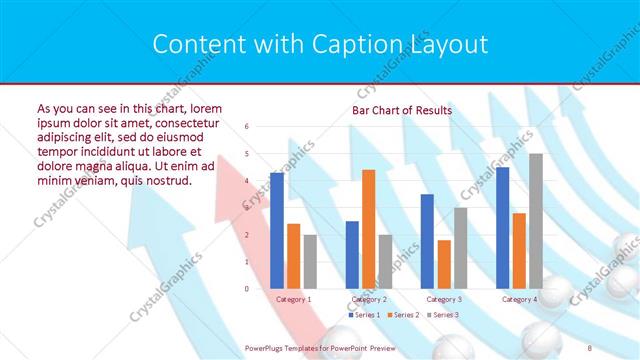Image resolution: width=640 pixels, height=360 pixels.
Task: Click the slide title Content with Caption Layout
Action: tap(320, 44)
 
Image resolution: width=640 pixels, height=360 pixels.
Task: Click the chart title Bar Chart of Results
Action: tap(401, 110)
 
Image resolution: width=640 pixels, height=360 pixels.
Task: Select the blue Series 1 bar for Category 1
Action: tap(277, 230)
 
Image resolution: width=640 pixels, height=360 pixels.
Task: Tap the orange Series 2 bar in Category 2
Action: tap(369, 229)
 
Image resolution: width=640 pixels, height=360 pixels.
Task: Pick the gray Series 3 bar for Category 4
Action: tap(536, 221)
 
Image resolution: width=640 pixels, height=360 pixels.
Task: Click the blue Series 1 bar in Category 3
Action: tap(427, 241)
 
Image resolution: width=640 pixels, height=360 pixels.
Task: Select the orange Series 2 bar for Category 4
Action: tap(519, 251)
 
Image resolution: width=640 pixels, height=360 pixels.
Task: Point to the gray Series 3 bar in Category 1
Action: tap(310, 262)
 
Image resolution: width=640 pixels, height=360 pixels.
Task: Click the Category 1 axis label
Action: tap(293, 299)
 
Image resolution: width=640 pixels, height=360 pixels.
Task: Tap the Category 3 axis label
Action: tap(444, 299)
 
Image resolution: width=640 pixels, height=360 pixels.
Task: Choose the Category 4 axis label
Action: tap(519, 299)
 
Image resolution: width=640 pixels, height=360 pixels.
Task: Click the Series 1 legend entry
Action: tap(365, 315)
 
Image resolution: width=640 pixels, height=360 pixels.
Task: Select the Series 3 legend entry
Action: tap(444, 315)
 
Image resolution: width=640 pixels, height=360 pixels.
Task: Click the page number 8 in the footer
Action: tap(590, 346)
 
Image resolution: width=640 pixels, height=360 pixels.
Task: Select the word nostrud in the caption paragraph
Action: tap(166, 180)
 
